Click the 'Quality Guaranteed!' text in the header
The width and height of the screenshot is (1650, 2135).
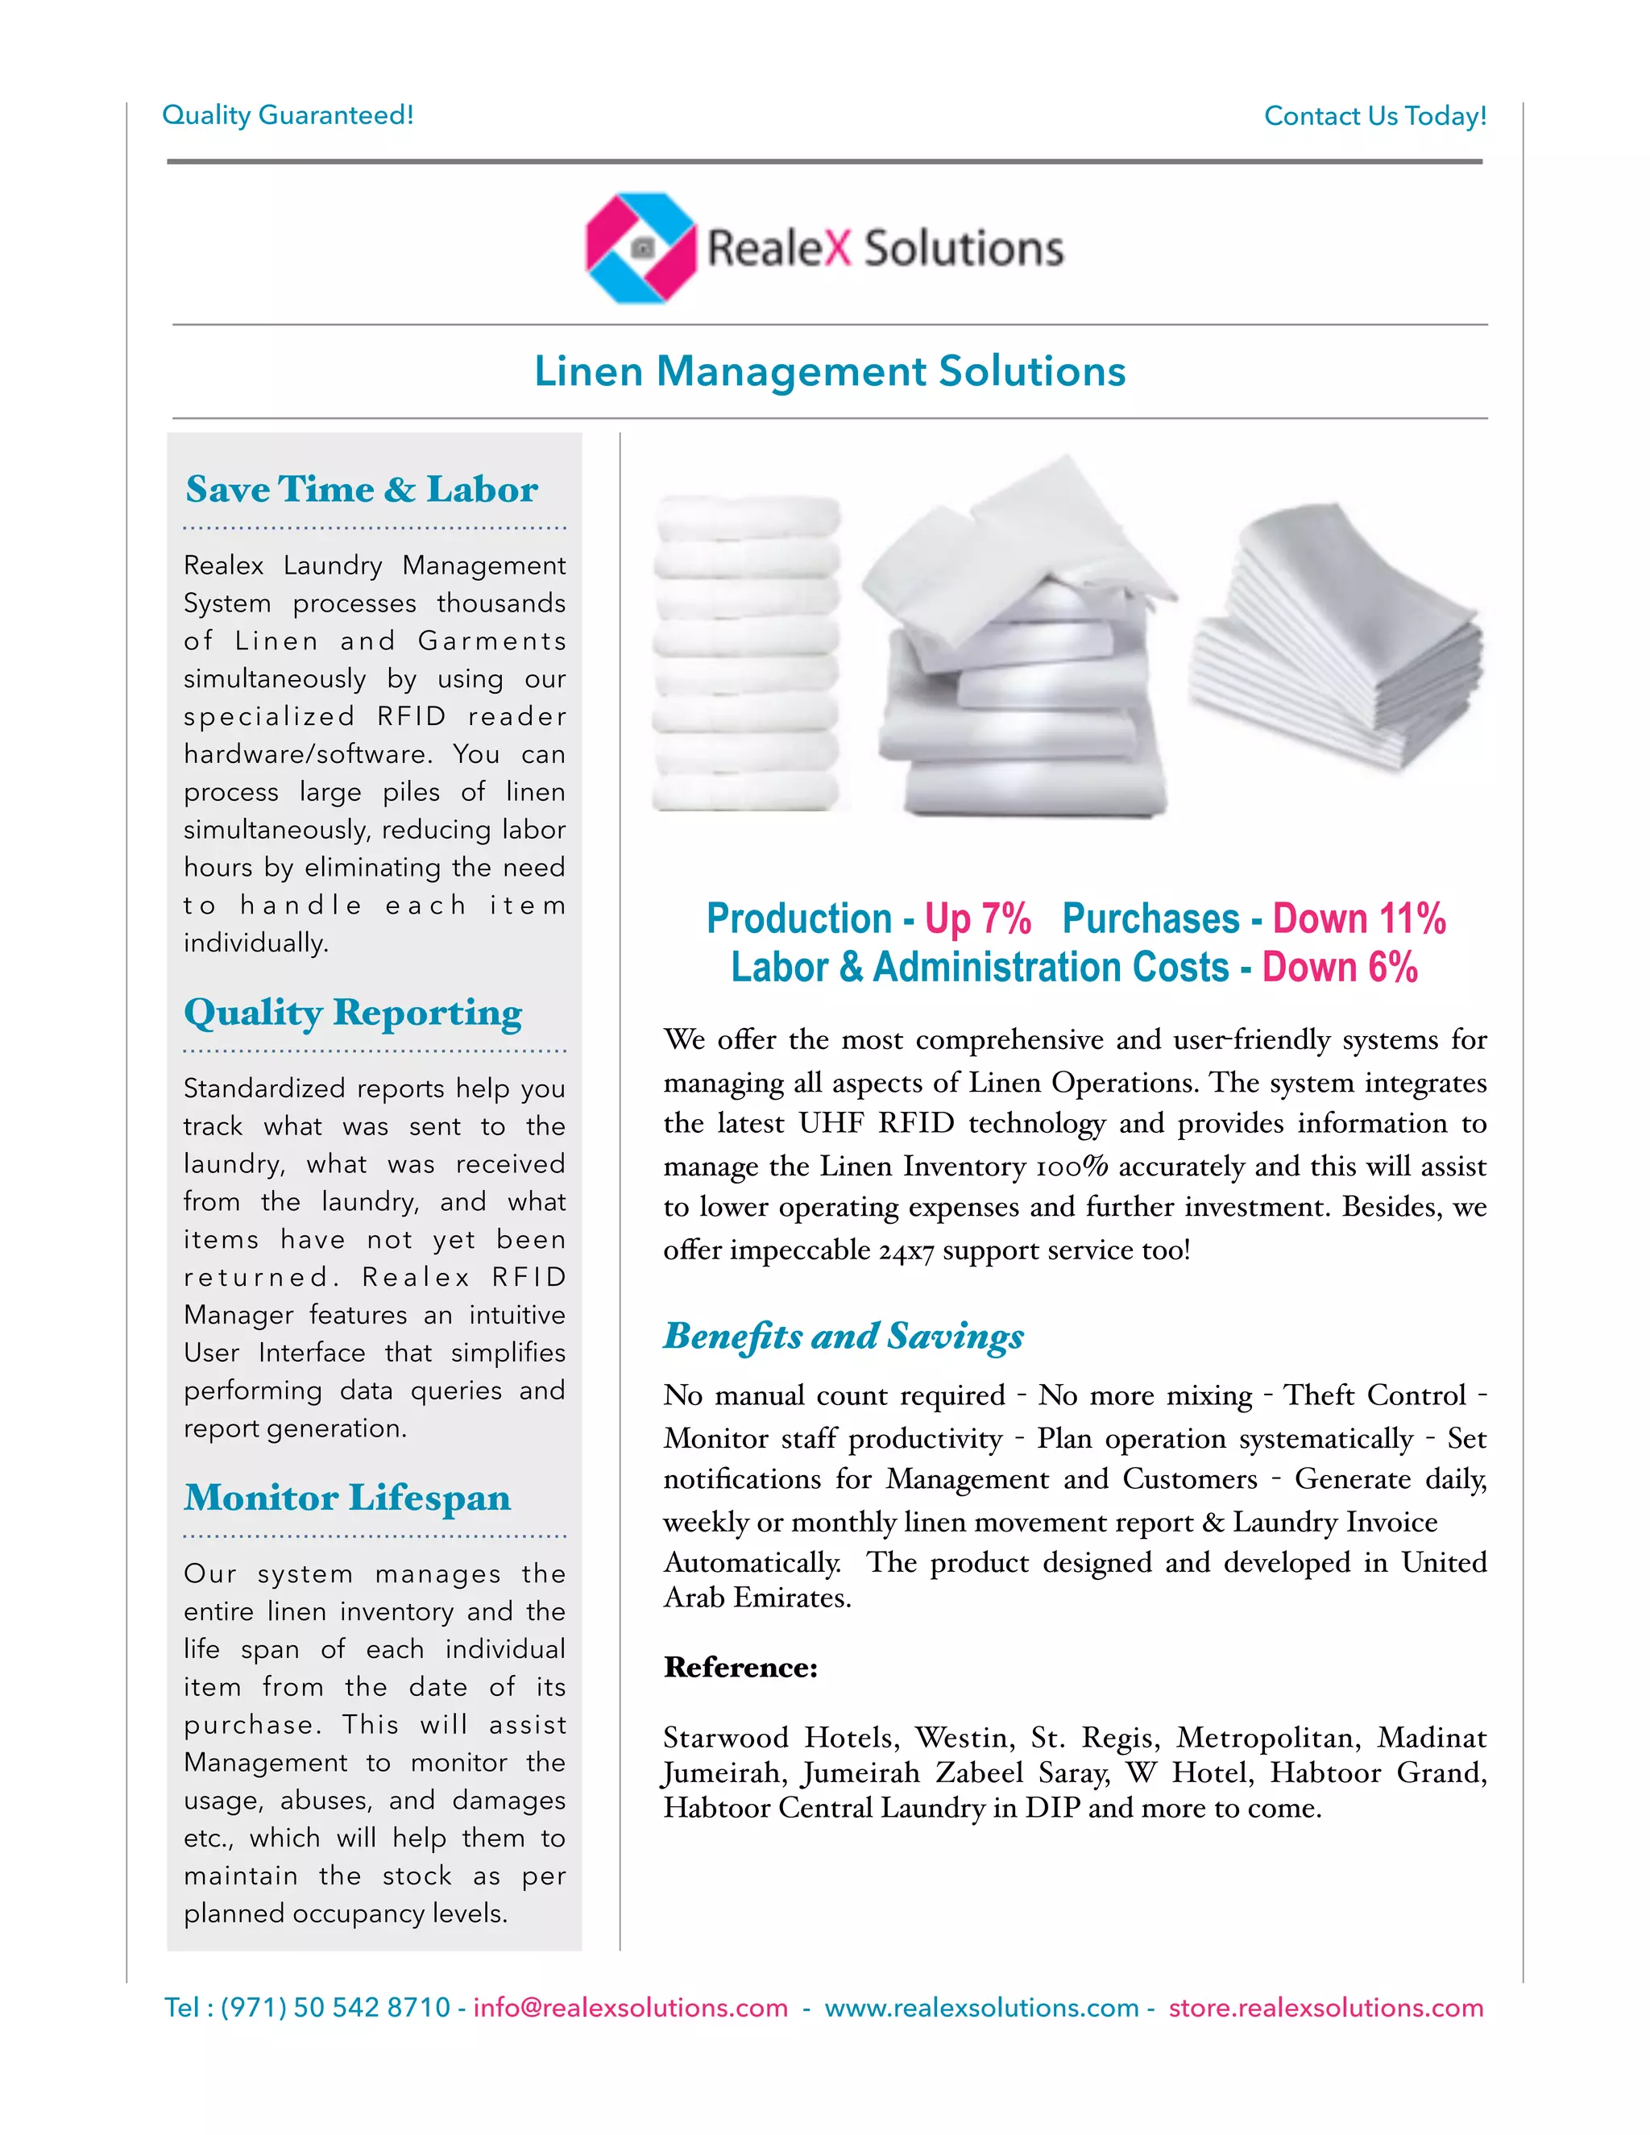point(288,115)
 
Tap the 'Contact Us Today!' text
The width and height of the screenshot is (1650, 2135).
point(1374,116)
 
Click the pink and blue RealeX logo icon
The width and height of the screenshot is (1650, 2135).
point(641,247)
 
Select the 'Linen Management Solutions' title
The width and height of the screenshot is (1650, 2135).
point(829,371)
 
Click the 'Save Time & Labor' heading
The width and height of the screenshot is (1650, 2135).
point(362,490)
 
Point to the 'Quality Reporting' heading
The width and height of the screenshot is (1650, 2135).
point(353,1013)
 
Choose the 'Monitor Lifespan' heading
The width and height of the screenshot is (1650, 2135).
point(347,1498)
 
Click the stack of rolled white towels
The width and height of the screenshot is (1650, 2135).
point(747,654)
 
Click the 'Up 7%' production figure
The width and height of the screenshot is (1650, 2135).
point(977,919)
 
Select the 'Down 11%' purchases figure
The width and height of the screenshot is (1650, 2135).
point(1358,919)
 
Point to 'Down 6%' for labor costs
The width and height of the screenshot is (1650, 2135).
point(1339,968)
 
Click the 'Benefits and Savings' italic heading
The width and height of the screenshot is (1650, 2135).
point(843,1335)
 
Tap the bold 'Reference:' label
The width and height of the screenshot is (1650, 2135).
point(740,1668)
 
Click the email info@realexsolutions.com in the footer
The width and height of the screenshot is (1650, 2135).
point(631,2008)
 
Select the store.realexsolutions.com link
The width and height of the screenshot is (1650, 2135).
point(1325,2008)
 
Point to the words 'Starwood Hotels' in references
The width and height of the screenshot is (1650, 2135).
point(780,1738)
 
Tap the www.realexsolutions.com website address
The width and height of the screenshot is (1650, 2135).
point(981,2008)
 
